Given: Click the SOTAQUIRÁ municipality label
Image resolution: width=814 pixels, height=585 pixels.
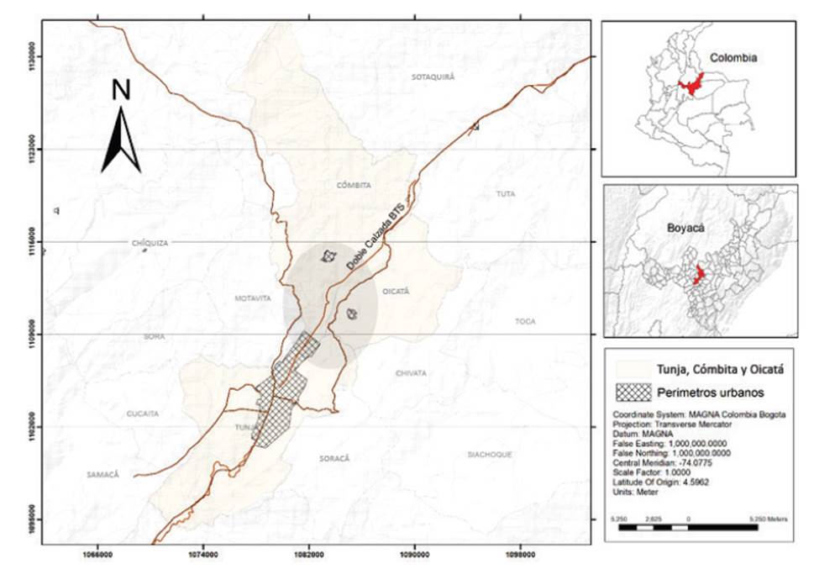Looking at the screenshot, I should click(x=433, y=76).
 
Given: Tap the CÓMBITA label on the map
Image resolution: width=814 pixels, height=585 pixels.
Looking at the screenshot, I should click(x=354, y=185).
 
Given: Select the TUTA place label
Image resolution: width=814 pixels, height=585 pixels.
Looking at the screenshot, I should click(x=505, y=194).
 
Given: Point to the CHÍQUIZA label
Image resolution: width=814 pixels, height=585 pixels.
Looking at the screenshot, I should click(x=150, y=243).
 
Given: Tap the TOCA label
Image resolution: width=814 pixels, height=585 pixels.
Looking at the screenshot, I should click(x=525, y=321).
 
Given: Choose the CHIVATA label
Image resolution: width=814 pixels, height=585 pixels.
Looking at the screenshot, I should click(x=411, y=372).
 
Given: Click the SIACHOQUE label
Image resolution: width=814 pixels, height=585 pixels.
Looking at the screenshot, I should click(x=490, y=454).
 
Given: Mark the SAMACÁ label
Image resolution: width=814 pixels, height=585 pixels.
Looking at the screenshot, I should click(x=103, y=474).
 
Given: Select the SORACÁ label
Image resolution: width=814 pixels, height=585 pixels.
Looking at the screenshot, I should click(x=333, y=458).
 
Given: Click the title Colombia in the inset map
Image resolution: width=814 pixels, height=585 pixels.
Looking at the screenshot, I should click(x=733, y=59).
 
